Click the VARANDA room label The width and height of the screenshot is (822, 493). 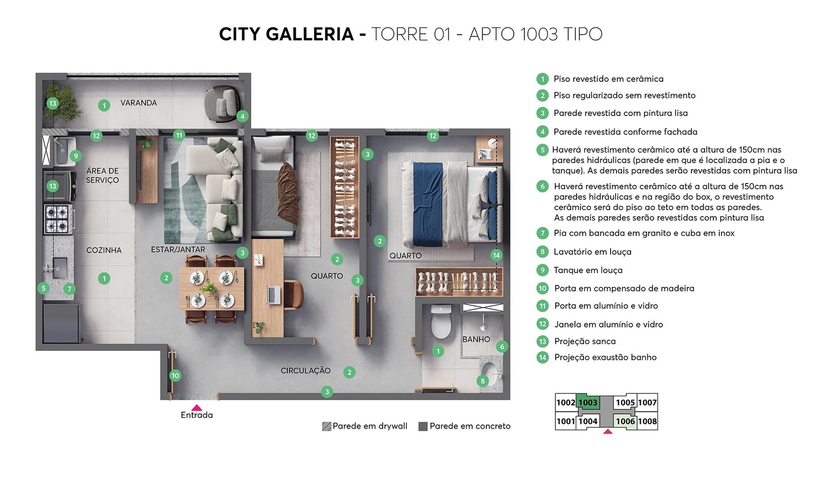pyautogui.click(x=138, y=103)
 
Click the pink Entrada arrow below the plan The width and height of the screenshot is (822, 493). pyautogui.click(x=197, y=408)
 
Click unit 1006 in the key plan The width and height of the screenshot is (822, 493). pyautogui.click(x=625, y=421)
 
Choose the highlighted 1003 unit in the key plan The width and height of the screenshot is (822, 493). pyautogui.click(x=588, y=402)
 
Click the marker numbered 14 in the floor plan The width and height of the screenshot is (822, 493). pyautogui.click(x=496, y=255)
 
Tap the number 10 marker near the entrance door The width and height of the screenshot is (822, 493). pyautogui.click(x=175, y=376)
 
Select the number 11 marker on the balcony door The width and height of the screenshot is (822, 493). pyautogui.click(x=179, y=135)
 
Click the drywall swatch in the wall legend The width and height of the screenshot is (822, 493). pyautogui.click(x=327, y=426)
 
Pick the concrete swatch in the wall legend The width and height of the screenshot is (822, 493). pyautogui.click(x=423, y=426)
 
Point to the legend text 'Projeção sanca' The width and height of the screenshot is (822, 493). pyautogui.click(x=585, y=341)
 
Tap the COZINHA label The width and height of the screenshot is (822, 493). pyautogui.click(x=104, y=250)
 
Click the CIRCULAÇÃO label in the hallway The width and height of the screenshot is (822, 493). pyautogui.click(x=306, y=371)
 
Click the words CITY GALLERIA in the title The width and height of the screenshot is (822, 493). pyautogui.click(x=286, y=34)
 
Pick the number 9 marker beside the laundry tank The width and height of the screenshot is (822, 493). pyautogui.click(x=76, y=156)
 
